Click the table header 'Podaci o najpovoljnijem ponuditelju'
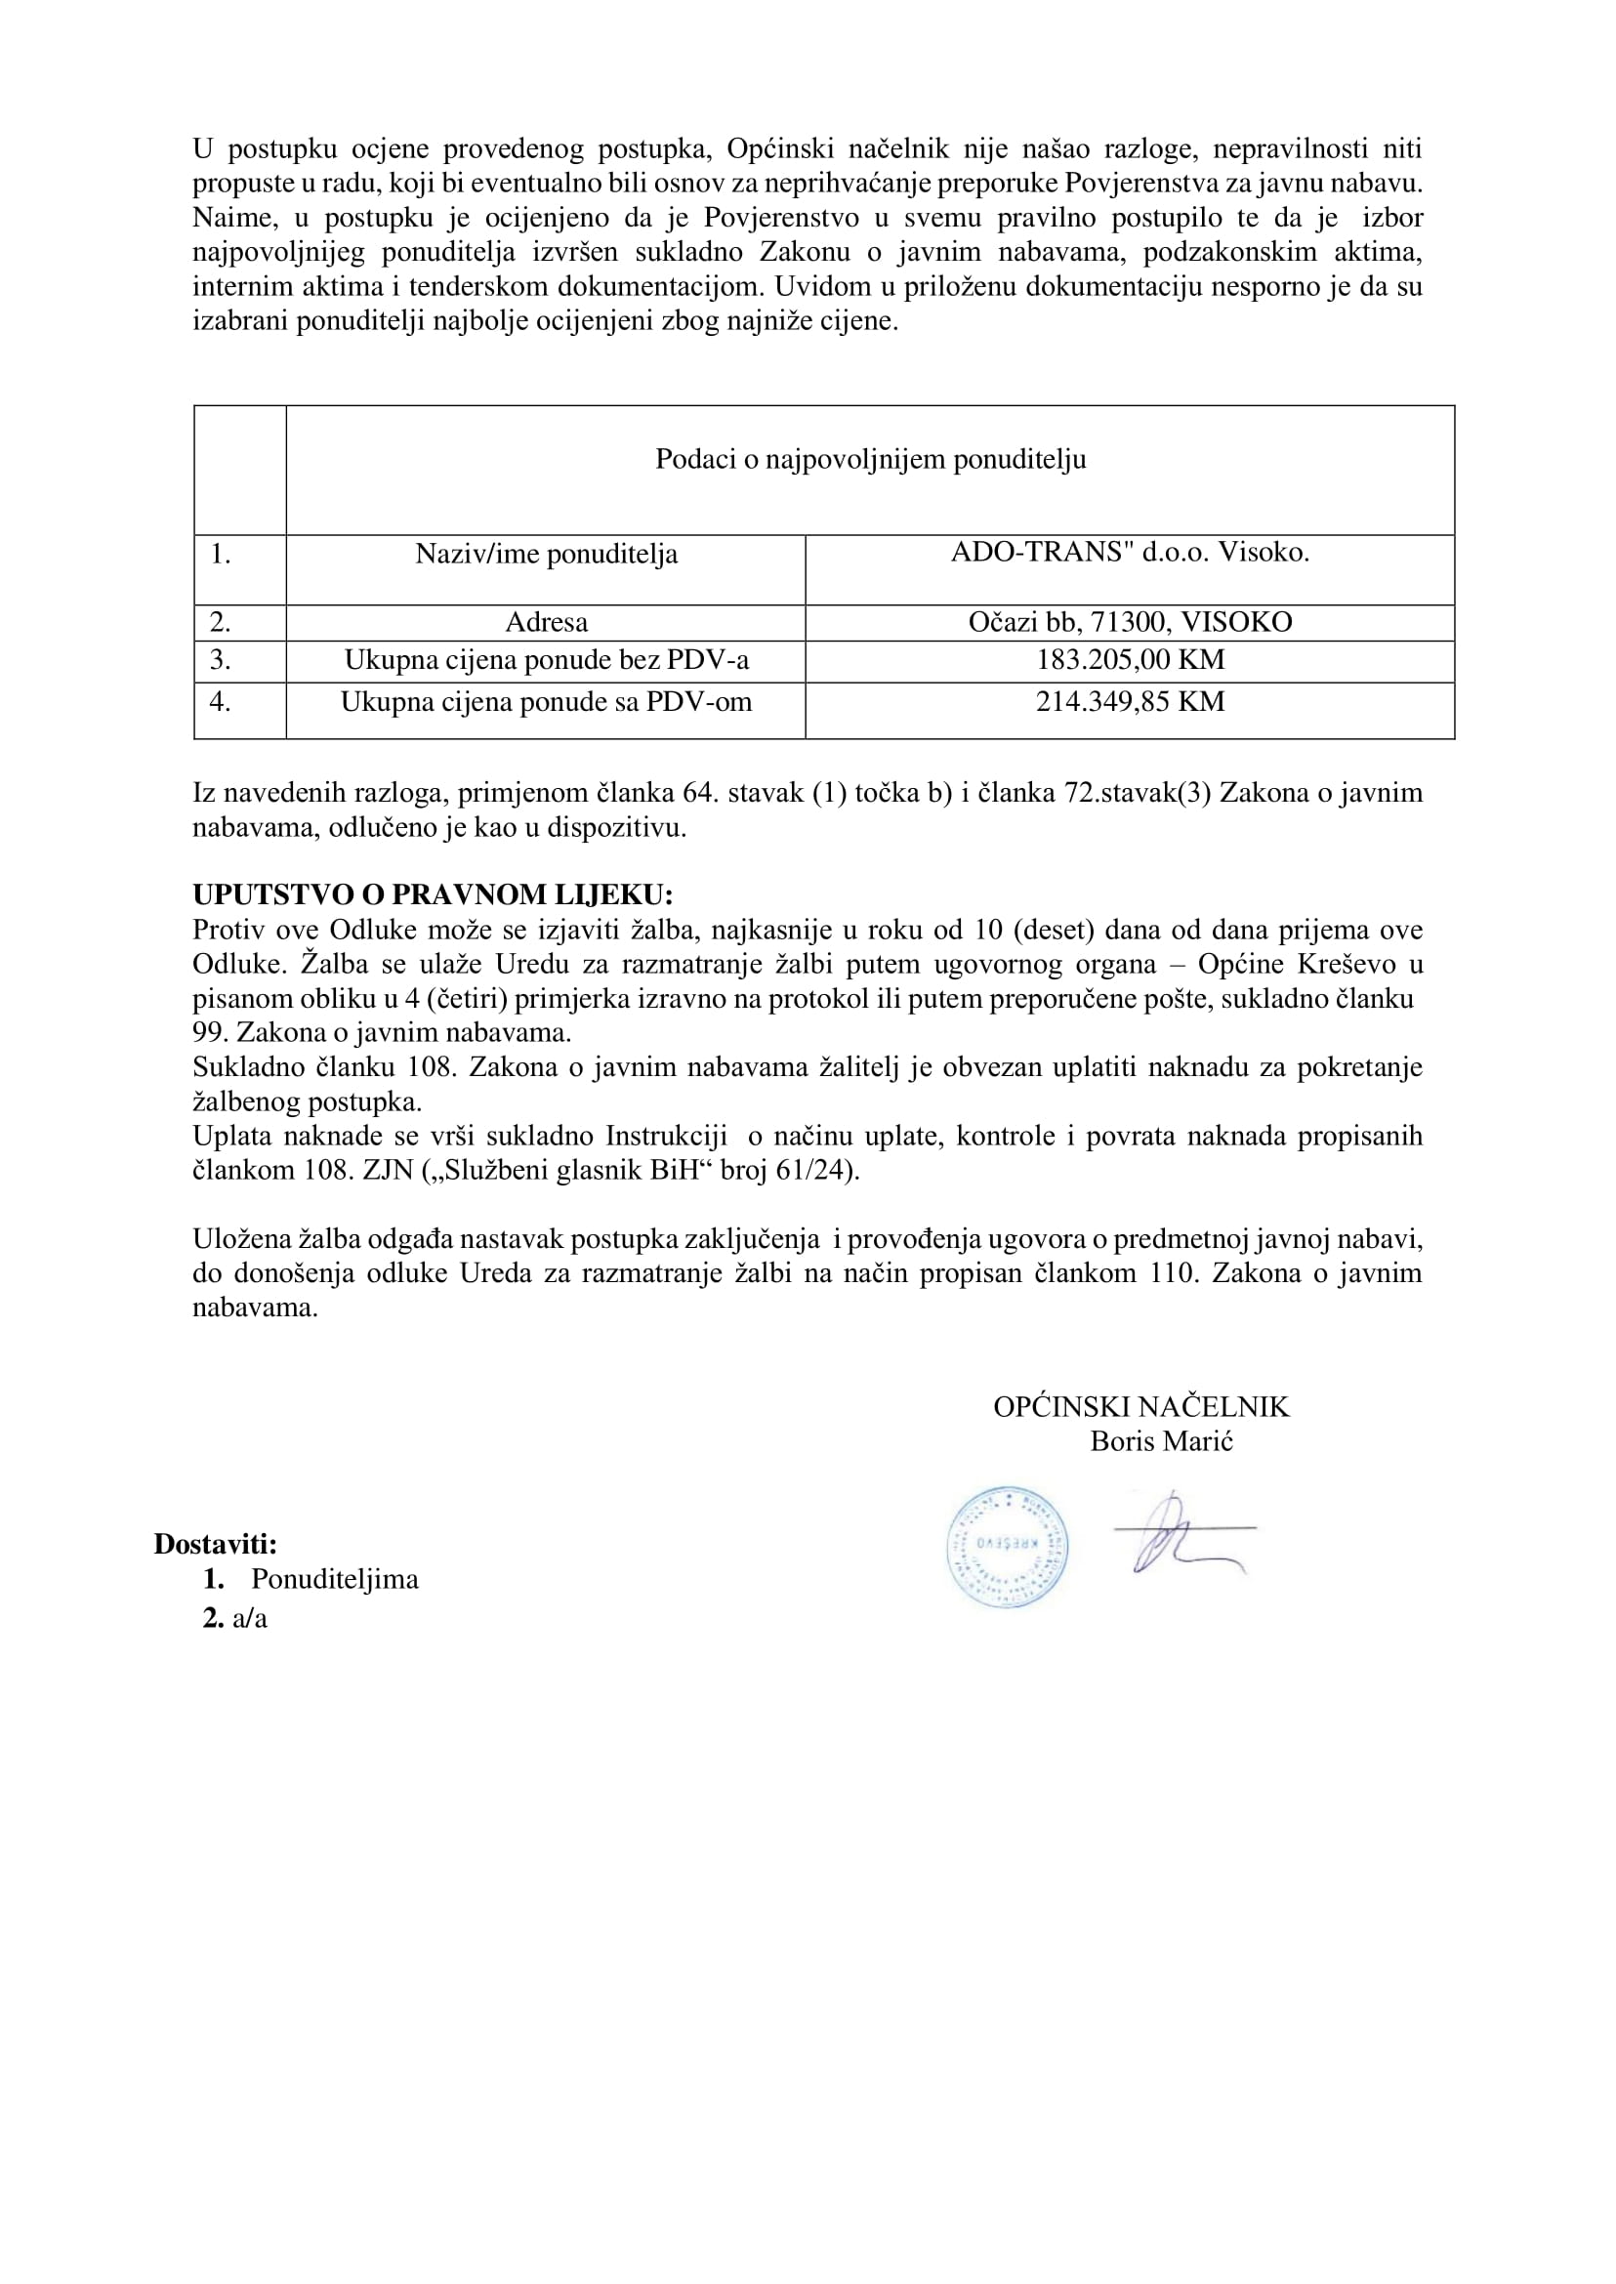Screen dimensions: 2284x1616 point(870,460)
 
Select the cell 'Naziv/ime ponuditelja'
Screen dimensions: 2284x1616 point(545,555)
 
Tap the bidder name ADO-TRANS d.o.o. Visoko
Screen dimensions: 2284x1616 point(1130,553)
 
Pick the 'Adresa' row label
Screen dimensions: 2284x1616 point(545,623)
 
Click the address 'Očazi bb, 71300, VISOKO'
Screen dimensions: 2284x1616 point(1130,623)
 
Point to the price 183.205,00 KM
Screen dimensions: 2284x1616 point(1130,660)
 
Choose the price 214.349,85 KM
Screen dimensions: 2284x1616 point(1130,702)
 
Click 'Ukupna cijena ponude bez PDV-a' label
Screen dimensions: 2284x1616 point(545,660)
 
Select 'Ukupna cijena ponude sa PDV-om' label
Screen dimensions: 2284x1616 point(545,703)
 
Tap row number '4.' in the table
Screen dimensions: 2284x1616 point(220,703)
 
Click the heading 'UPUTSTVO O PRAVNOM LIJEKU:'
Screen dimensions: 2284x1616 point(433,893)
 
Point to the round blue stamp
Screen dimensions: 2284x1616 point(1006,1549)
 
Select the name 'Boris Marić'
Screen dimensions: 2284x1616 point(1161,1441)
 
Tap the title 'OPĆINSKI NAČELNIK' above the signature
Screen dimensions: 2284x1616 point(1140,1406)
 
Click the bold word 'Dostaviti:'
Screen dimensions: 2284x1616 point(215,1544)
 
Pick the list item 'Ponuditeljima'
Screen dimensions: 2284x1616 point(334,1579)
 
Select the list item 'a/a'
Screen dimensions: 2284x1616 point(250,1618)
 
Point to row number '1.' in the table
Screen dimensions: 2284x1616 point(220,555)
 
